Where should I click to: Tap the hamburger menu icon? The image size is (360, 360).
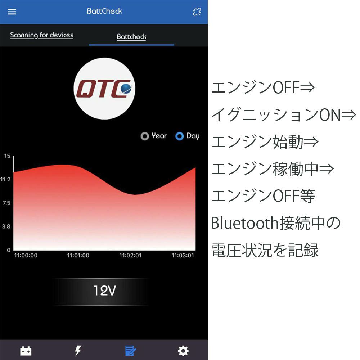coord(12,12)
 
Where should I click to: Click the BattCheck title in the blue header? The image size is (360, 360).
coord(104,11)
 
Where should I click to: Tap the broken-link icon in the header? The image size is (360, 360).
coord(197,12)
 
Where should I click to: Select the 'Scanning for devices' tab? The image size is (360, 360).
coord(42,35)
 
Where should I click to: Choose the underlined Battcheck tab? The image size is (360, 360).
coord(131,37)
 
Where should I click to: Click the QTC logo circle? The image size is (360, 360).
coord(104,89)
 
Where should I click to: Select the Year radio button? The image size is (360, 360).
coord(145,136)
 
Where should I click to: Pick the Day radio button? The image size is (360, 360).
coord(180,136)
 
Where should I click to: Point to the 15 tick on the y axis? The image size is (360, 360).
coord(7,156)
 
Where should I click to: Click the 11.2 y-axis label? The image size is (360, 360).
coord(5,179)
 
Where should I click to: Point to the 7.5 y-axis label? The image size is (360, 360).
coord(6,203)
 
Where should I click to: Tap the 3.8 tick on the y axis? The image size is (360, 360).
coord(6,226)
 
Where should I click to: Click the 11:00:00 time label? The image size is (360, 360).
coord(26,255)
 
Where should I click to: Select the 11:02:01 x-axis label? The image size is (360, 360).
coord(130,255)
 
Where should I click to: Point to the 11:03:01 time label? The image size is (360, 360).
coord(183,255)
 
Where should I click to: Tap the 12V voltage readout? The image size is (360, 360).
coord(105,291)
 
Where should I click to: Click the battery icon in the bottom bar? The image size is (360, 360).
coord(26,351)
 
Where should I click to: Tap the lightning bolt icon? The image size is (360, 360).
coord(78,351)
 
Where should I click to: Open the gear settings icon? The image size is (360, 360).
coord(183,351)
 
